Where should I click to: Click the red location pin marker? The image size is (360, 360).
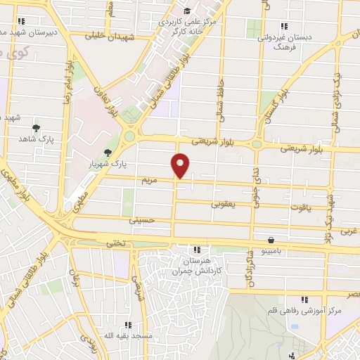181,165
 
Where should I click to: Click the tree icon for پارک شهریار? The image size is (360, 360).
107,153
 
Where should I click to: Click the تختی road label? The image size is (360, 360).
115,243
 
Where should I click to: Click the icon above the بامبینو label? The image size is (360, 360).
271,240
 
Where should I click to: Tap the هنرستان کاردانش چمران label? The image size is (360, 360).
198,265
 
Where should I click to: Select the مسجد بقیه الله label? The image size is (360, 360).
128,336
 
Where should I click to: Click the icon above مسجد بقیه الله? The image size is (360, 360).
128,324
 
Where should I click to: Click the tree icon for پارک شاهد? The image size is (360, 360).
35,129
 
